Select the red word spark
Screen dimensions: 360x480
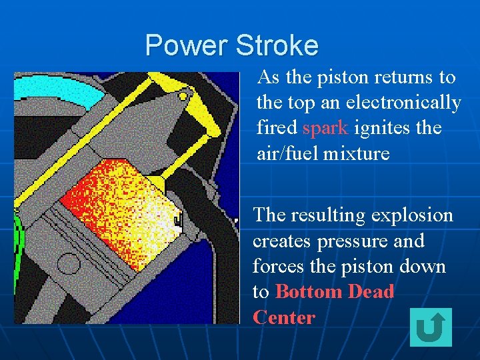pyautogui.click(x=326, y=128)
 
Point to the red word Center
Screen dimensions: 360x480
pyautogui.click(x=284, y=317)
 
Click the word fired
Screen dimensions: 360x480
pyautogui.click(x=277, y=128)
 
